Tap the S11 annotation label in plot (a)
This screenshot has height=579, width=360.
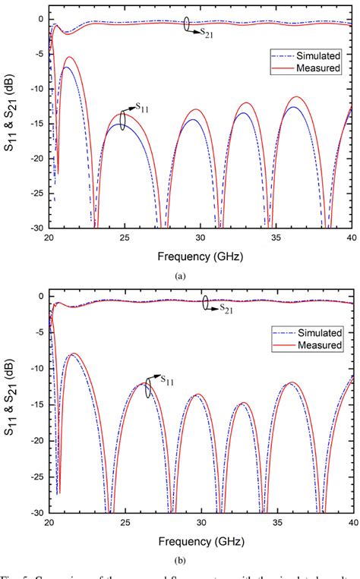coord(140,109)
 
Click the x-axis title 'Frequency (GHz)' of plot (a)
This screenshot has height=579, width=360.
coord(201,256)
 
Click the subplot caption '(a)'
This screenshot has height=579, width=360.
coord(180,276)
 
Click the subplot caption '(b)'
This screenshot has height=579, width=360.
coord(180,561)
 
